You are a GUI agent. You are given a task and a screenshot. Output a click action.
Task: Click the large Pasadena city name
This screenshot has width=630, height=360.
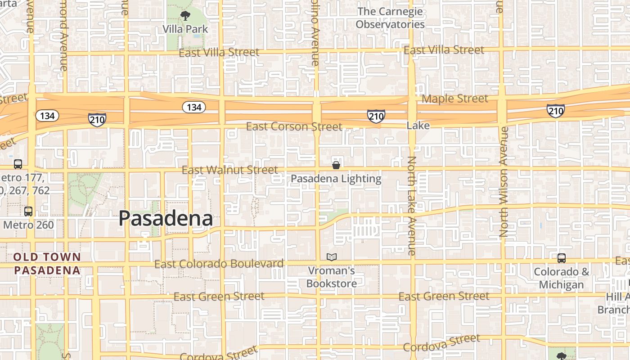[x=166, y=219]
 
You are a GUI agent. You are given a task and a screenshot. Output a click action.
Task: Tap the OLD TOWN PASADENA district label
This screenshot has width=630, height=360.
[x=47, y=264]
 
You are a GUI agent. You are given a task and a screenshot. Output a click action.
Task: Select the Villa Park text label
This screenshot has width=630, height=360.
[x=185, y=29]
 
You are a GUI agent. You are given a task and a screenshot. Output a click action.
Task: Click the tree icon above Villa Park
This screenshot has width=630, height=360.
[x=185, y=16]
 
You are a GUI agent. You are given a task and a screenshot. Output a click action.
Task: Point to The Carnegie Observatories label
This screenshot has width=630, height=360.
[x=390, y=18]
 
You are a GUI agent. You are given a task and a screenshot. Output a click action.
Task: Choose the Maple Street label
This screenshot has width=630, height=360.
[x=455, y=99]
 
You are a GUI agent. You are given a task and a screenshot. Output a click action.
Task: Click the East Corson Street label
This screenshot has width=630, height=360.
[x=294, y=127]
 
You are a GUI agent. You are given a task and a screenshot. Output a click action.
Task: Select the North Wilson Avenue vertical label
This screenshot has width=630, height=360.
[x=504, y=181]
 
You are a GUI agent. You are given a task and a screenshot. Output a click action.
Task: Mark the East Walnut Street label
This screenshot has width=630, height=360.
[x=229, y=170]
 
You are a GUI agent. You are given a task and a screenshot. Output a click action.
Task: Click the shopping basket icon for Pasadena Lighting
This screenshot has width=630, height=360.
[x=336, y=165]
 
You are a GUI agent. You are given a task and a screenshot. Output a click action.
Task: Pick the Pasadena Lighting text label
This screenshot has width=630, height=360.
[x=336, y=179]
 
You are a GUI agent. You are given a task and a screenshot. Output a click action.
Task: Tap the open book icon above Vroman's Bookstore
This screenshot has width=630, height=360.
[x=332, y=257]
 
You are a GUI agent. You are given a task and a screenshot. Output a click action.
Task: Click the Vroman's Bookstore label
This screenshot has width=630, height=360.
[x=332, y=277]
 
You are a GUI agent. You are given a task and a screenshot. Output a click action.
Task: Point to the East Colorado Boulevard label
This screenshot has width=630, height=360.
[x=219, y=264]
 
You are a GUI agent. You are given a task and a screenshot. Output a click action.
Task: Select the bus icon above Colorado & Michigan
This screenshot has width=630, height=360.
[x=561, y=258]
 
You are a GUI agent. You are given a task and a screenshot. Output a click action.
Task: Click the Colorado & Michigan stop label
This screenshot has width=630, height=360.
[x=561, y=278]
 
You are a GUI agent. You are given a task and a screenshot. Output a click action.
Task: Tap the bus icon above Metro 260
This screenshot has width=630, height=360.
[x=28, y=211]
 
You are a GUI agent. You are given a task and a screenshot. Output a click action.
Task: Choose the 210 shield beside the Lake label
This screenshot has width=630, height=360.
[x=376, y=116]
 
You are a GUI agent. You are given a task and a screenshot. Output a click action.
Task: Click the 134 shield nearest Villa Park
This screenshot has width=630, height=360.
[x=194, y=107]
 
